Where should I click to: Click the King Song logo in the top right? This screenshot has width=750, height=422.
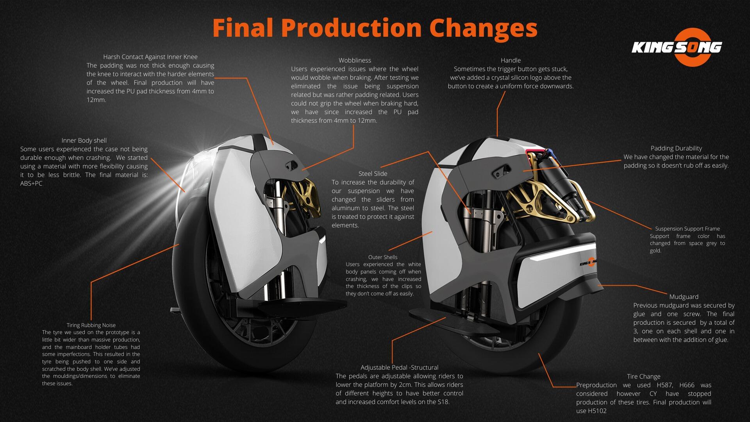pos(677,47)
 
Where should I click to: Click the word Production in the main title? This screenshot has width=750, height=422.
pos(351,28)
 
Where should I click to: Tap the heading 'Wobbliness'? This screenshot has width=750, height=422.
pos(355,60)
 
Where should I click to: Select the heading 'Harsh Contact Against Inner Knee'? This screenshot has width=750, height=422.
pos(150,57)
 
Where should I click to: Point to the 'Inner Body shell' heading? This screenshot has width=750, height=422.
pos(84,140)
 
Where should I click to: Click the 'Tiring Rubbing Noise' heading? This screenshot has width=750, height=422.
pos(91,325)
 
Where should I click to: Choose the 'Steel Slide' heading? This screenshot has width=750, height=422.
pos(373,173)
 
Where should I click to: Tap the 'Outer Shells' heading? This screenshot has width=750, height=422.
pos(383,257)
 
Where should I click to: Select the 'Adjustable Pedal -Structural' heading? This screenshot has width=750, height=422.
pos(400,367)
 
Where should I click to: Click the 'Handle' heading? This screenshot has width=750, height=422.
pos(511,60)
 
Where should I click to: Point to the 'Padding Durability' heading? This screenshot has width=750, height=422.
pos(676,148)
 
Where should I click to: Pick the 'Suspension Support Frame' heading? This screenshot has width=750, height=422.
pos(687,229)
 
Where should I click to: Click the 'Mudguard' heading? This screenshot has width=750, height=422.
pos(684,297)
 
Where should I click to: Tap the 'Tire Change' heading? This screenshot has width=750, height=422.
pos(644,376)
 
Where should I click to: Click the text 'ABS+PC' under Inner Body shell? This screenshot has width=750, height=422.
pos(31,183)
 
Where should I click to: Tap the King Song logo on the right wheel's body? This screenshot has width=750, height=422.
pos(588,263)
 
